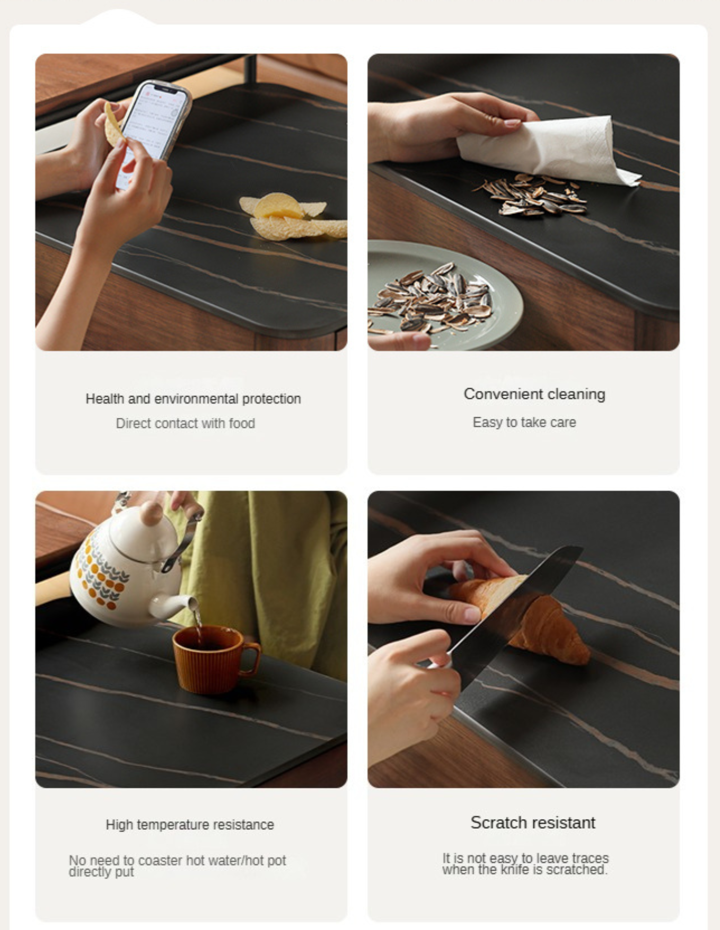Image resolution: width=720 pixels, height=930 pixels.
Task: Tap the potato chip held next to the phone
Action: (x=113, y=125)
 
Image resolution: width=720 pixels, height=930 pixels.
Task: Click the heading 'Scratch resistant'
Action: (x=533, y=822)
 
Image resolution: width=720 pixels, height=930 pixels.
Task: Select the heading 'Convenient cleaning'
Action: (x=534, y=394)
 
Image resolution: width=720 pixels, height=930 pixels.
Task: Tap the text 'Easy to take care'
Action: (x=524, y=422)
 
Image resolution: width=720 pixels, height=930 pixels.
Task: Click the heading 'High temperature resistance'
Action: (x=190, y=824)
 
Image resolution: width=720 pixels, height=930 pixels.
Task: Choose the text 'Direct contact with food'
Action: (x=186, y=423)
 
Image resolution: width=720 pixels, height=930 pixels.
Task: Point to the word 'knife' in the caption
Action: (x=515, y=870)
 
